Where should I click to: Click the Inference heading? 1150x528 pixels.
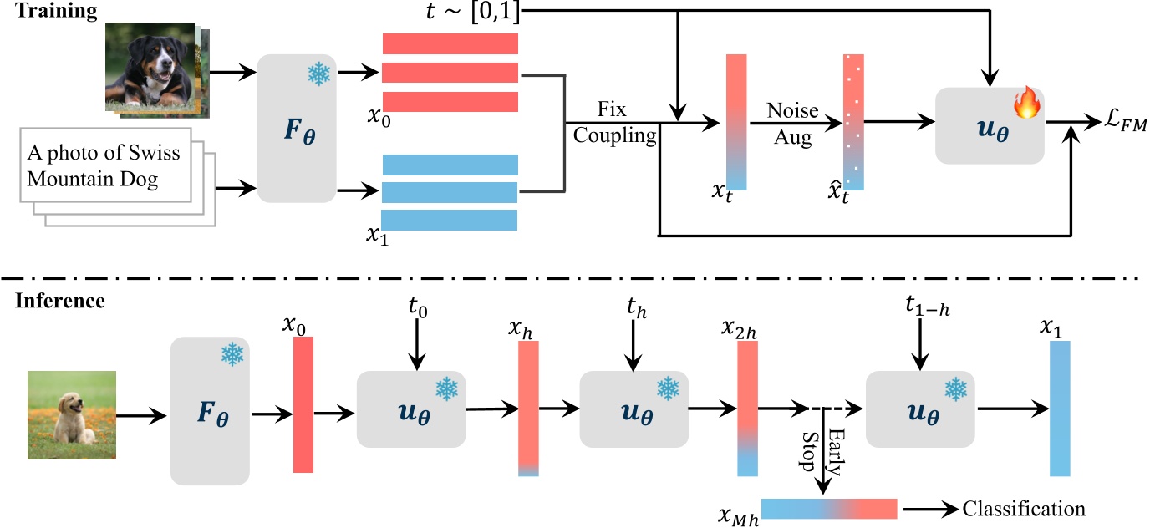(x=59, y=301)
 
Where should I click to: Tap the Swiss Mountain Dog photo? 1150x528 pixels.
(x=151, y=67)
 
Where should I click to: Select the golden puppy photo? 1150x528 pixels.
(x=71, y=415)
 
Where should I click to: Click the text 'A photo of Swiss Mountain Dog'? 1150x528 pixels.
(x=104, y=165)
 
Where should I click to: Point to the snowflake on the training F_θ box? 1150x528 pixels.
(x=318, y=74)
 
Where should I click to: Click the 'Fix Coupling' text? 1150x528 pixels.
(x=615, y=124)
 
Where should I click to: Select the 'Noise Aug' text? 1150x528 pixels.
(x=792, y=124)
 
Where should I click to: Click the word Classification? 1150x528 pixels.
(x=1024, y=509)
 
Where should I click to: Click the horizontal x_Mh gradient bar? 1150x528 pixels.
(x=828, y=509)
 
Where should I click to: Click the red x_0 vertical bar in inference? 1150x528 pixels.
(x=303, y=405)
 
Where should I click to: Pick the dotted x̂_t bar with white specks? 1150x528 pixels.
(x=853, y=122)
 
